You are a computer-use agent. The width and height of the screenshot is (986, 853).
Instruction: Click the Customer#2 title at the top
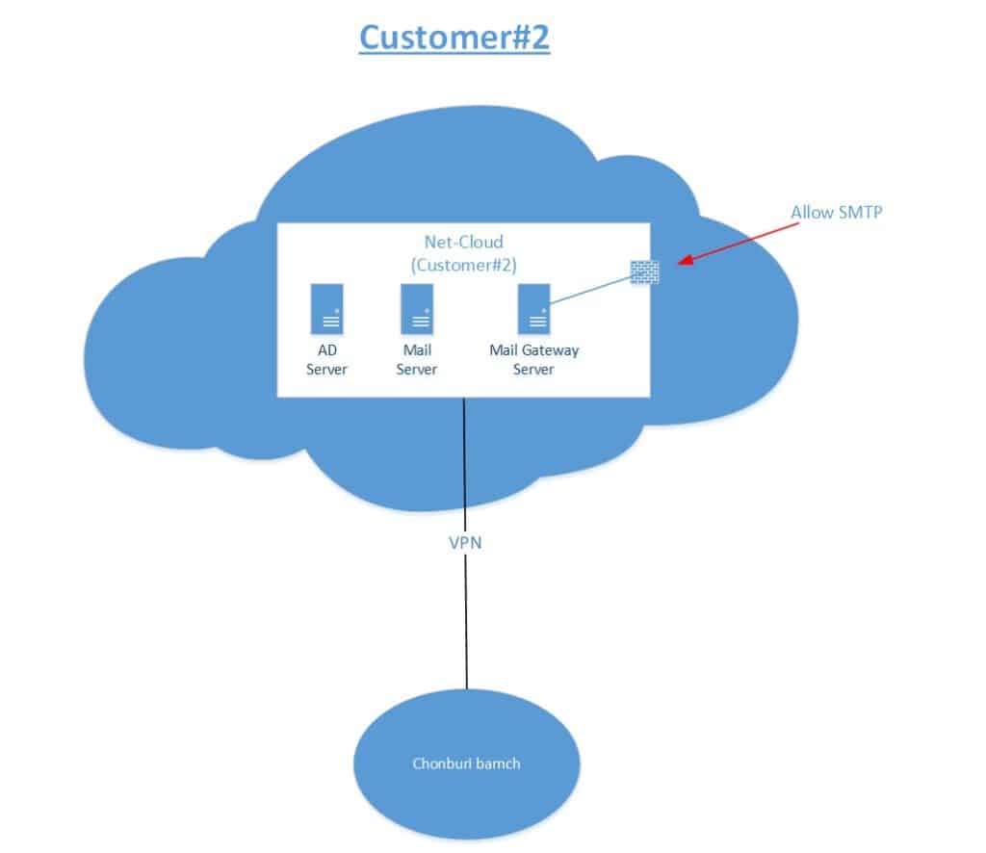[454, 37]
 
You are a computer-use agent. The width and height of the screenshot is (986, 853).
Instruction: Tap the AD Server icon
[326, 309]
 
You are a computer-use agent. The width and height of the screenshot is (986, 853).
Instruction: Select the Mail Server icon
[418, 309]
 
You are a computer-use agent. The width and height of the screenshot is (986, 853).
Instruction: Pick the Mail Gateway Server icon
[534, 309]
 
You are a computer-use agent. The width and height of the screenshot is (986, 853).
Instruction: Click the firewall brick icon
[645, 271]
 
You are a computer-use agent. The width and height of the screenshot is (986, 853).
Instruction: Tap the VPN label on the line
[465, 542]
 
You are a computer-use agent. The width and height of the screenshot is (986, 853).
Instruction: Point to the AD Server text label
[326, 360]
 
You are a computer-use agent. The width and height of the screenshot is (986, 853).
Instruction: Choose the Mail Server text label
[418, 360]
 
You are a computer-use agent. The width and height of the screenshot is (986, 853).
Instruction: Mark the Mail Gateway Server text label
[534, 360]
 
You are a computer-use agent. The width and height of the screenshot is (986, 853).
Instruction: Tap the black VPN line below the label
[467, 626]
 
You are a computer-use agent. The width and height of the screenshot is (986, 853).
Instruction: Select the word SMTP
[859, 212]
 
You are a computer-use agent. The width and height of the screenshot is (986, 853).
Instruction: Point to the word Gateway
[550, 351]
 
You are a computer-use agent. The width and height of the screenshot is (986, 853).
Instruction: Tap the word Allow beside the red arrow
[811, 212]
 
